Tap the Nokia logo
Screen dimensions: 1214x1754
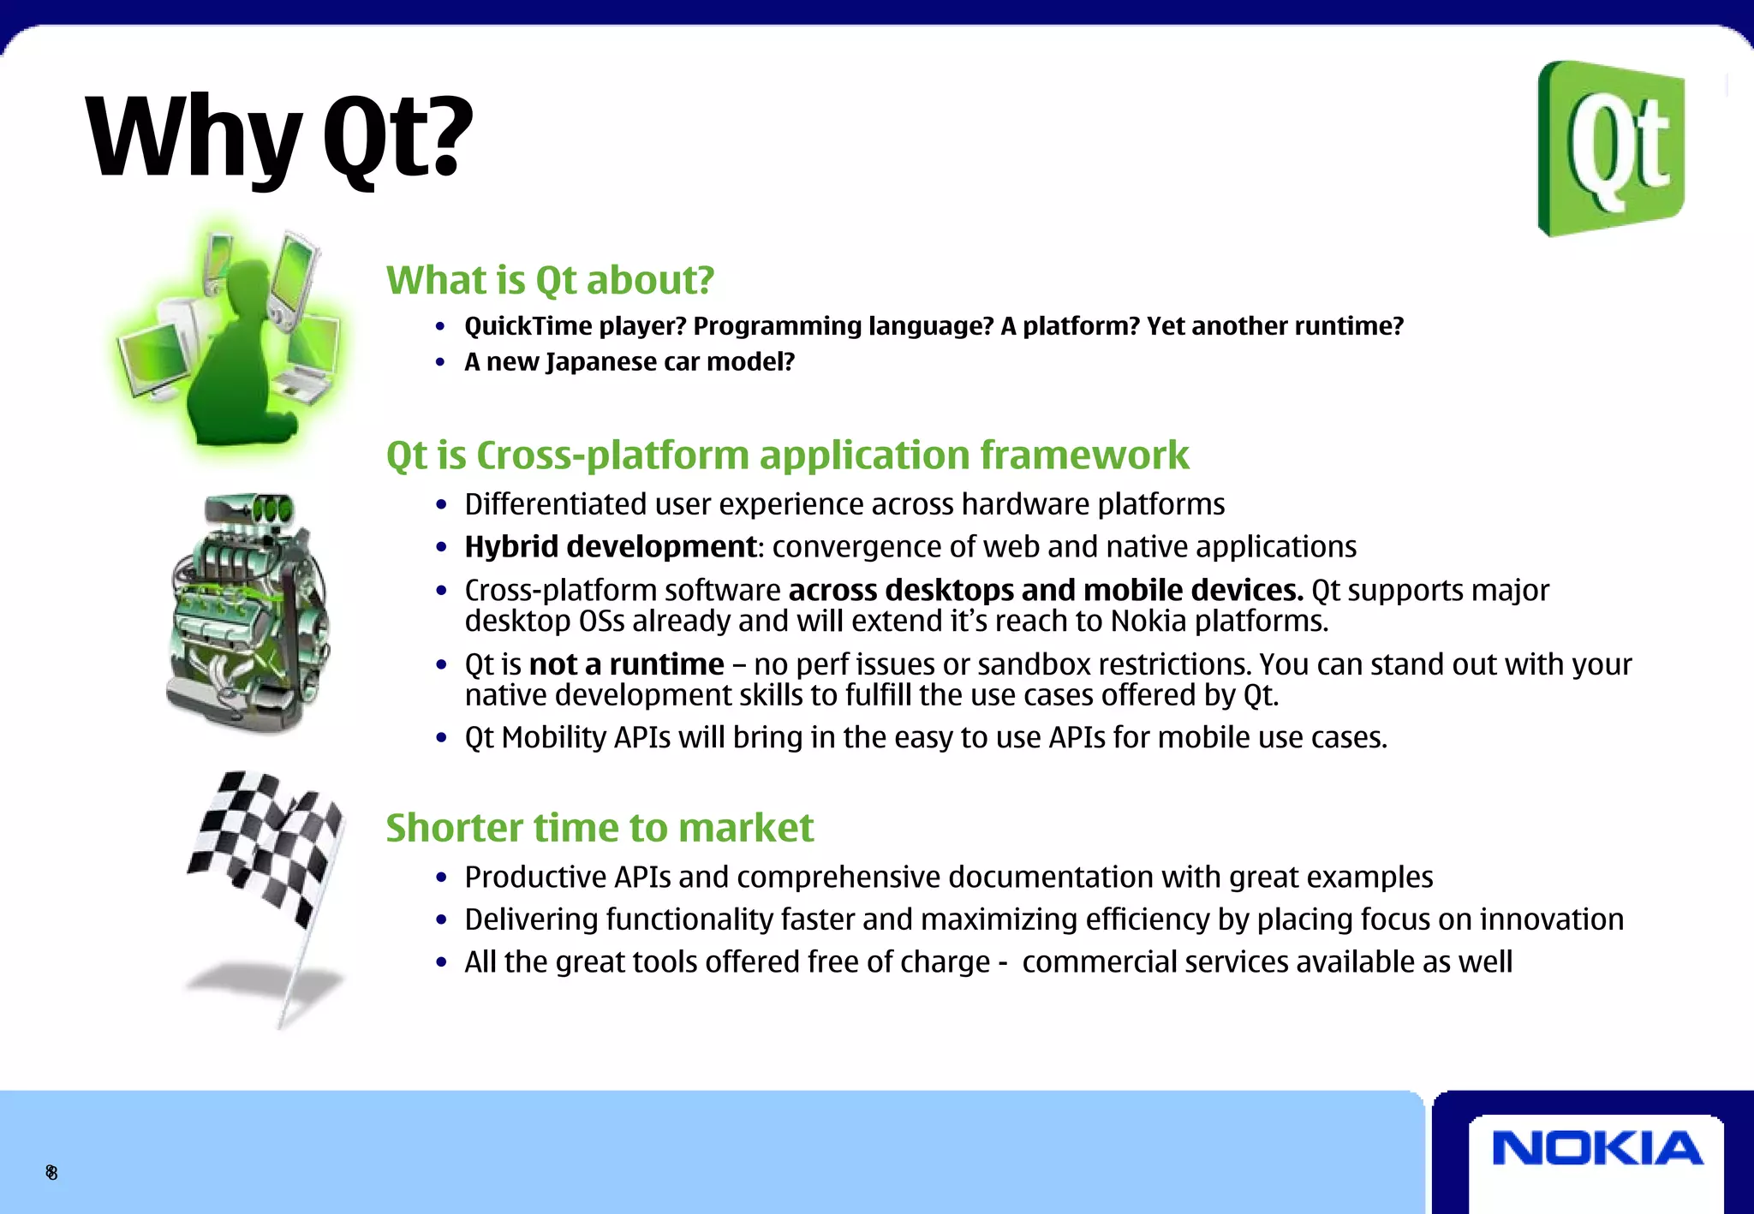tap(1597, 1149)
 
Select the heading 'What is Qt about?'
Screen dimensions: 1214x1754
tap(550, 280)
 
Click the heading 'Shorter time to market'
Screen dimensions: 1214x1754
tap(600, 827)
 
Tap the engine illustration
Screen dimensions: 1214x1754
tap(248, 612)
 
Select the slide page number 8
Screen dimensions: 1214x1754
tap(51, 1172)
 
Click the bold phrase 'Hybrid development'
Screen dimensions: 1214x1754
tap(611, 546)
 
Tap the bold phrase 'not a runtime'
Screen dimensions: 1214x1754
tap(626, 664)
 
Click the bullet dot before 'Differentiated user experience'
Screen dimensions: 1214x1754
tap(441, 505)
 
